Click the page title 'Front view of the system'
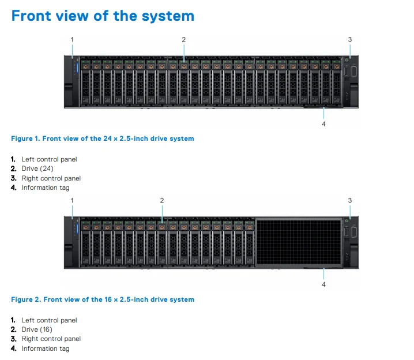tap(103, 16)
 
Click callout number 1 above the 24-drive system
tap(72, 39)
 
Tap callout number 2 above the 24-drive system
tap(183, 39)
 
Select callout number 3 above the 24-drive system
tap(349, 39)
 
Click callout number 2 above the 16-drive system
tap(162, 200)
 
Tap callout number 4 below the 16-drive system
tap(323, 284)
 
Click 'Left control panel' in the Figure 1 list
tap(49, 159)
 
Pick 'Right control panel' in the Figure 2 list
tap(51, 339)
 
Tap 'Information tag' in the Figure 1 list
tap(45, 187)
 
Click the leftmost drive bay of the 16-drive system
tap(85, 242)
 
